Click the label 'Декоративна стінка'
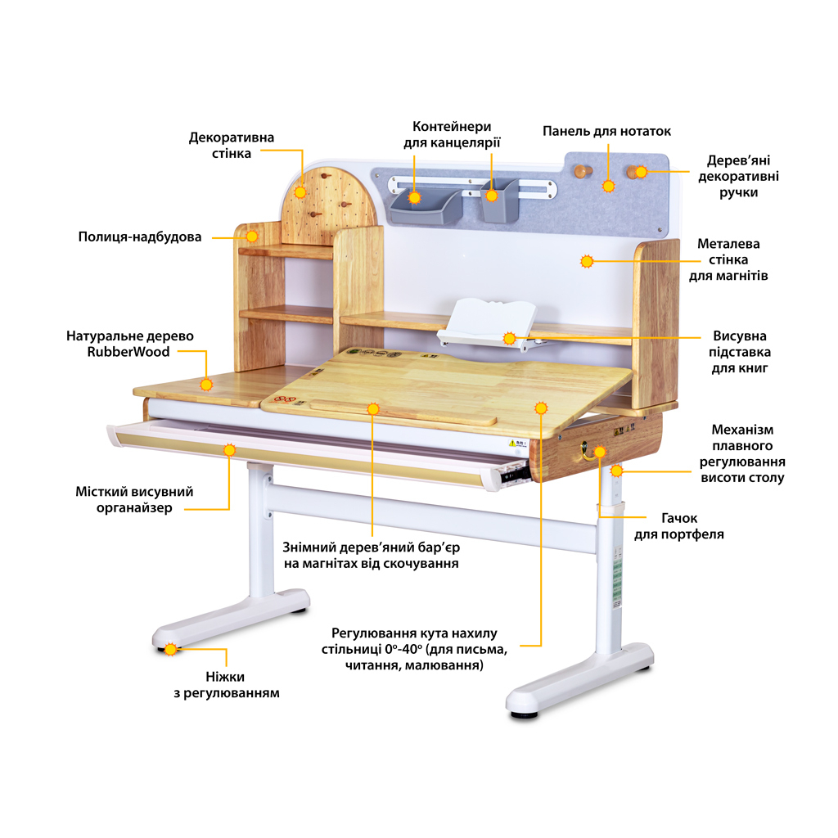click(232, 145)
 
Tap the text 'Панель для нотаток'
click(606, 131)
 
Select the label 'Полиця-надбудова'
click(140, 237)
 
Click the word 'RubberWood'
click(129, 352)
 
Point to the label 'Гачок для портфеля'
click(678, 526)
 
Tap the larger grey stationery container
click(422, 207)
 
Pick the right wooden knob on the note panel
click(634, 172)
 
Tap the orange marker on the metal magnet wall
click(586, 262)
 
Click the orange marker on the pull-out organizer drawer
click(230, 448)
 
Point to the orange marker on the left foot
click(170, 650)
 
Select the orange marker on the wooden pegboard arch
click(300, 192)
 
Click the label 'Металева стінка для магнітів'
click(728, 259)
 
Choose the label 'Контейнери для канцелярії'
click(452, 134)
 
